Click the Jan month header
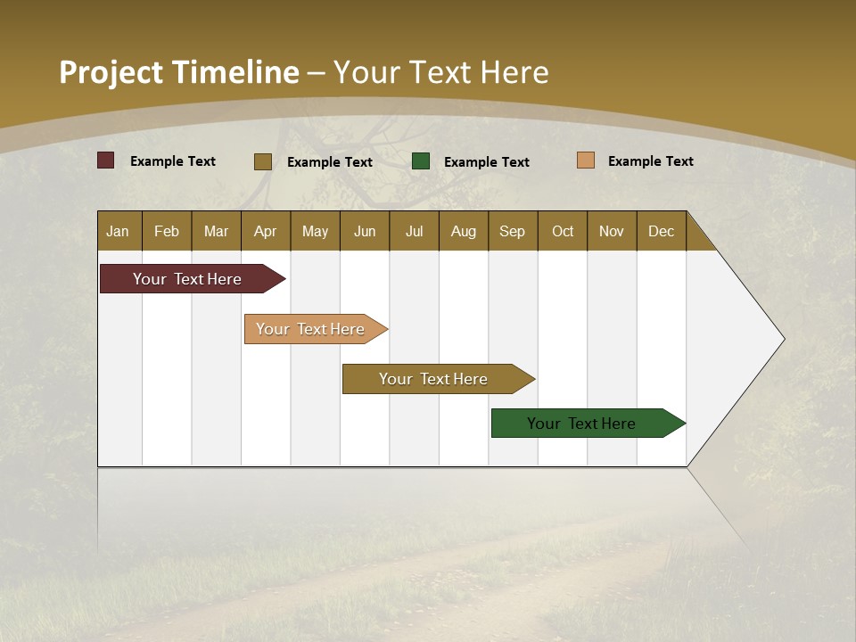119,231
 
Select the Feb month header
167,231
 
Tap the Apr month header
266,231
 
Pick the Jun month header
365,231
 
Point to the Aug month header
464,231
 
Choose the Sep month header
513,231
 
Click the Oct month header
563,231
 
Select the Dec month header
662,231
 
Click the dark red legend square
106,160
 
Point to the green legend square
421,160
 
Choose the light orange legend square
585,160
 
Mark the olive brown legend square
263,161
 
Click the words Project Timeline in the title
178,72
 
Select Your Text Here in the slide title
441,72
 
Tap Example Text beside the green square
487,162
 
